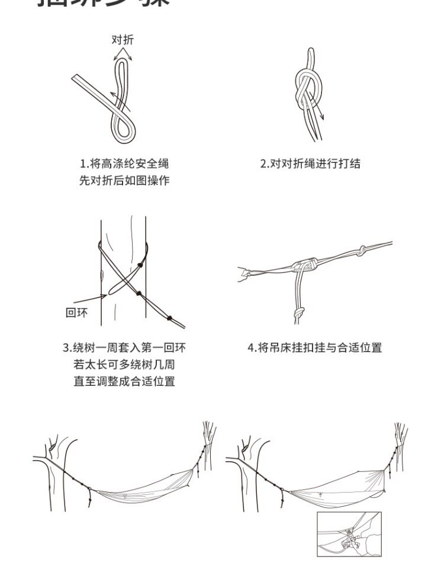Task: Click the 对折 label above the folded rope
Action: click(x=123, y=40)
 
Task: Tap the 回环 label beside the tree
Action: click(x=76, y=312)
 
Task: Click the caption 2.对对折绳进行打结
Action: click(x=310, y=164)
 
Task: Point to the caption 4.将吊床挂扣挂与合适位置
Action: click(x=314, y=347)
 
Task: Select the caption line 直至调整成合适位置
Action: click(x=124, y=382)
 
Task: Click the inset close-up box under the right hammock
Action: click(x=349, y=534)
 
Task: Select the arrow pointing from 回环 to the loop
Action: click(x=90, y=299)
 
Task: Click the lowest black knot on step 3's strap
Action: click(x=170, y=318)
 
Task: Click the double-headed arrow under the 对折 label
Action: click(x=123, y=54)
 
